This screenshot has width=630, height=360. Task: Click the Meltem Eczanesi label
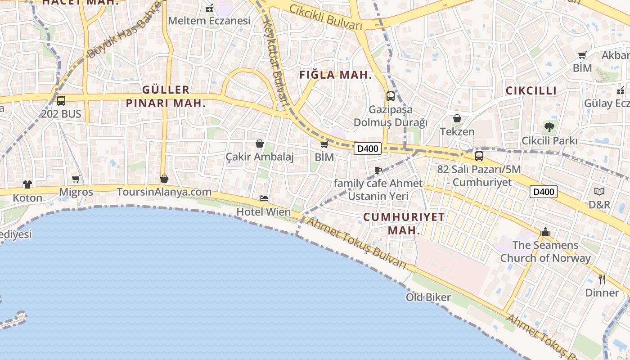pos(209,21)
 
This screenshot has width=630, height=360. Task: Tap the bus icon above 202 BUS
pos(61,101)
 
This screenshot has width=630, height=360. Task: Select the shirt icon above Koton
pos(27,184)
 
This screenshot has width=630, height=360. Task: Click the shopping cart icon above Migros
pos(76,179)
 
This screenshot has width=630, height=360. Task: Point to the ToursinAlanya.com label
pos(164,192)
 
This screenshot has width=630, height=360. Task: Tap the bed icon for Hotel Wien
pos(264,198)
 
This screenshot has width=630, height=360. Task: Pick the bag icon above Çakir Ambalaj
pos(260,144)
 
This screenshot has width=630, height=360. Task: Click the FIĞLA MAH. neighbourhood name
pos(336,75)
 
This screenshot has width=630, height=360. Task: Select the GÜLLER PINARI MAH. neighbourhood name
pos(166,96)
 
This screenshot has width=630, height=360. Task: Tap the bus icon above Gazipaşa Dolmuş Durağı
pos(390,96)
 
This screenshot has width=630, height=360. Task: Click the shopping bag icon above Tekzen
pos(457,118)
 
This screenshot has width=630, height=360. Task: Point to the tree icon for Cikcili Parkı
pos(549,127)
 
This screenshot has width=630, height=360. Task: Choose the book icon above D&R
pos(599,191)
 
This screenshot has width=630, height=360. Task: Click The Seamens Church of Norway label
pos(545,252)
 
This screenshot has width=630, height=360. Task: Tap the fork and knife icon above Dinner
pos(602,279)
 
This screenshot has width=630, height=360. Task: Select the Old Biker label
pos(428,297)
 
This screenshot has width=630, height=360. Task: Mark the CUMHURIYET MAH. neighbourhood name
pos(404,224)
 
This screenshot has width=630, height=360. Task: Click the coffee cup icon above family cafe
pos(378,170)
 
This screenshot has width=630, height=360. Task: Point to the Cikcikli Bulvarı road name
pos(326,17)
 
